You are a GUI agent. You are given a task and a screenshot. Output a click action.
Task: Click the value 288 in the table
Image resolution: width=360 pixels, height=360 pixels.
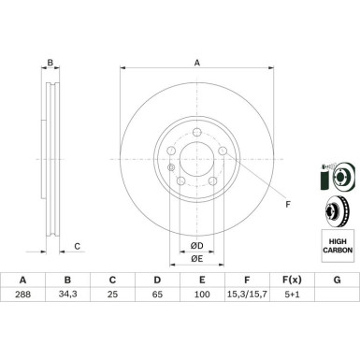(x=22, y=293)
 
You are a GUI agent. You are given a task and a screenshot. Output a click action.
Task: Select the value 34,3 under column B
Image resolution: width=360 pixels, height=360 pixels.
(x=67, y=293)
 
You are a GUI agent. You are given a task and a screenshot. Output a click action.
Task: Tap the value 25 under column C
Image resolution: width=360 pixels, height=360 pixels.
(x=112, y=293)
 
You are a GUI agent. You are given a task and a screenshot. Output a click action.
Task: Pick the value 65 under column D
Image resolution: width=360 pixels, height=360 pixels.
(x=157, y=293)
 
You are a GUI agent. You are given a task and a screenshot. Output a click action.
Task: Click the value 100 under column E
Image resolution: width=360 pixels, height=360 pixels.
(x=202, y=293)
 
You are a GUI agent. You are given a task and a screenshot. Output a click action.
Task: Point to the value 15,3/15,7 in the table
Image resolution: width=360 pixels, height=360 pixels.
(x=247, y=293)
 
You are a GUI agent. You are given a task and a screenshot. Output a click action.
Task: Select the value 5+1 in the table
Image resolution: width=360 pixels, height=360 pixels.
(x=292, y=293)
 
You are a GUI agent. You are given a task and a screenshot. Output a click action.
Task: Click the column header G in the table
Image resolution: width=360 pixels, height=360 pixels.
(x=337, y=278)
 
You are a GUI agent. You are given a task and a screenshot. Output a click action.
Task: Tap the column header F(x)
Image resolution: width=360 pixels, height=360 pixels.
(x=292, y=278)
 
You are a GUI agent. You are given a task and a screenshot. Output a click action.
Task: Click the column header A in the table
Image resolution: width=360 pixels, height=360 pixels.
(x=22, y=278)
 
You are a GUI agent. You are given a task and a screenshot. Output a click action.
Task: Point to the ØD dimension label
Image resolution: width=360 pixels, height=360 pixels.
(x=196, y=244)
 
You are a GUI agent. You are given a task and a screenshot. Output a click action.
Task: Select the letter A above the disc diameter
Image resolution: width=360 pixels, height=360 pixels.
(x=196, y=64)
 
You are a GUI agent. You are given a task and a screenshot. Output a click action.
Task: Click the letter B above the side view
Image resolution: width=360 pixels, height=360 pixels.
(x=50, y=64)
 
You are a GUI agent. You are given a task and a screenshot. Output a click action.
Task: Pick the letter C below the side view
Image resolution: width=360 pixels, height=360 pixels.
(x=78, y=247)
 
